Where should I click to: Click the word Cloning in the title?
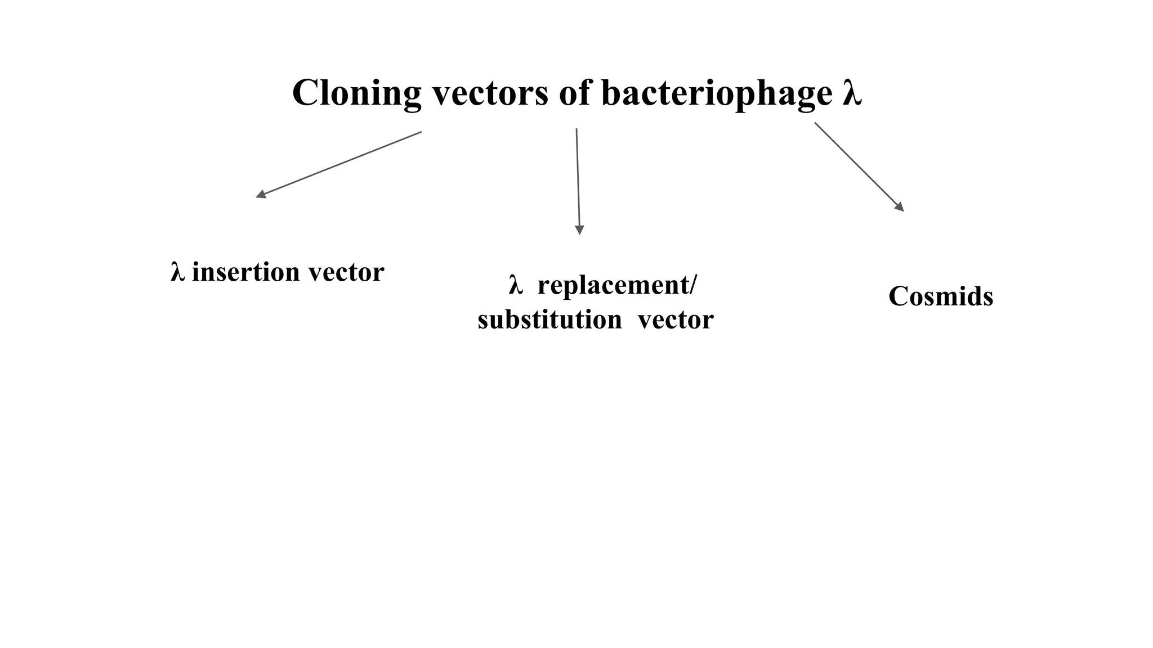coord(356,93)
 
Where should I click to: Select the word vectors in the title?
coord(490,93)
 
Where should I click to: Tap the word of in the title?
coord(574,93)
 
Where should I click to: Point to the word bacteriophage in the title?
coord(716,93)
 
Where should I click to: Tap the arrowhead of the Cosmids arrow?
coord(900,207)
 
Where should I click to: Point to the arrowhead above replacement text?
coord(579,229)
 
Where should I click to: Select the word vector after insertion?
coord(346,272)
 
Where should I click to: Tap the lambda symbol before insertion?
coord(177,272)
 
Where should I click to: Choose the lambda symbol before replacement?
coord(515,285)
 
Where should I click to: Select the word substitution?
coord(549,320)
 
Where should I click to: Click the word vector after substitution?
coord(676,320)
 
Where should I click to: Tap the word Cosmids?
coord(941,296)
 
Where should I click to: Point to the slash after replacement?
coord(692,285)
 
